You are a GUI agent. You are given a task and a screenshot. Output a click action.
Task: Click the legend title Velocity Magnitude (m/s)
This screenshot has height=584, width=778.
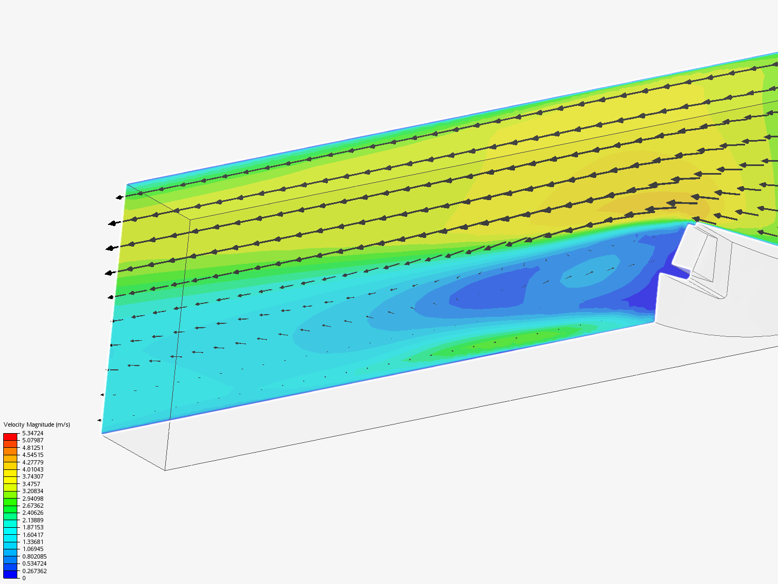click(37, 424)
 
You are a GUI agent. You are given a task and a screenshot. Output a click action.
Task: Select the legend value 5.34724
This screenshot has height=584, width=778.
click(33, 433)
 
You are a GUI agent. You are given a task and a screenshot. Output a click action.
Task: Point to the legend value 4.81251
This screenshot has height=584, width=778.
click(33, 448)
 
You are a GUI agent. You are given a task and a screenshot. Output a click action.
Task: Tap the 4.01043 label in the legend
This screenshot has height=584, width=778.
click(33, 469)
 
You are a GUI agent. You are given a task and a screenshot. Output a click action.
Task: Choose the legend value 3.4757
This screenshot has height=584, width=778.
click(31, 484)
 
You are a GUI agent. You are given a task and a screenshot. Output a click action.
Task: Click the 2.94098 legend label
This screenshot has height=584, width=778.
click(33, 499)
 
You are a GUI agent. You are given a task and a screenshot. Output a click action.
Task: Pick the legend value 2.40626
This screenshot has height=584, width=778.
click(33, 513)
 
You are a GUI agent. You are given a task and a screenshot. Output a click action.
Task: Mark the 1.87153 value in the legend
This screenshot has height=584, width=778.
click(33, 527)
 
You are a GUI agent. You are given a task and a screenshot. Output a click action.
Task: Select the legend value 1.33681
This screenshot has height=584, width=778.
click(33, 542)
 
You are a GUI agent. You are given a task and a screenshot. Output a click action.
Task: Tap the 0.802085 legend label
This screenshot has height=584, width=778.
click(35, 556)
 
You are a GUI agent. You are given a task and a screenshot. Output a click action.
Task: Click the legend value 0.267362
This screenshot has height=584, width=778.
click(35, 571)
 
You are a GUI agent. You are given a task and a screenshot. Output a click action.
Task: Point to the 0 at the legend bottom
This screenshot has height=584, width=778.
click(24, 578)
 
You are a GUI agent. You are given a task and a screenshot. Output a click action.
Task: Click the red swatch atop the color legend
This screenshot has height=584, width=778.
click(10, 437)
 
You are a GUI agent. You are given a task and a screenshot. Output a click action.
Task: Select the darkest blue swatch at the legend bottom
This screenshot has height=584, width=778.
click(10, 574)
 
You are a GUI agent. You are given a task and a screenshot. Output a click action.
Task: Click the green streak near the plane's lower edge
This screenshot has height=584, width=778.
click(502, 341)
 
